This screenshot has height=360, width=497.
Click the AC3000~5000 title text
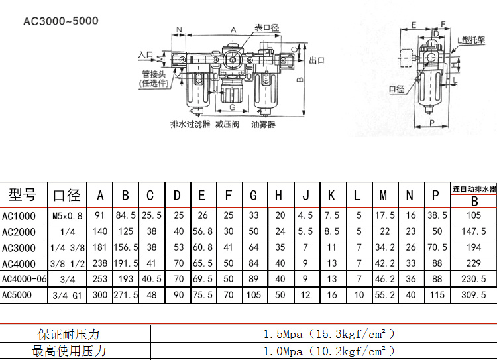61,21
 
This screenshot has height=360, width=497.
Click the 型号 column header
23,195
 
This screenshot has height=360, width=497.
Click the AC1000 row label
19,215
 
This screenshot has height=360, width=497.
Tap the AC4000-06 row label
25,279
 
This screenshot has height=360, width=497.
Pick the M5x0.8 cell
68,215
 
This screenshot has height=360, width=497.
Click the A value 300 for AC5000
100,295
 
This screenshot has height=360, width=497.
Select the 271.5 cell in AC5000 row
125,295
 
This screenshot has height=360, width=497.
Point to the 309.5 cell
474,295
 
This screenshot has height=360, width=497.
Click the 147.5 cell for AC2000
474,231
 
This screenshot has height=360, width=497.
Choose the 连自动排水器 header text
474,189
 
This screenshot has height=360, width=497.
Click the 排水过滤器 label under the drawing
190,124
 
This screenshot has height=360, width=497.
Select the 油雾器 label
263,124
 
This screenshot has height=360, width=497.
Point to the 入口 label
146,55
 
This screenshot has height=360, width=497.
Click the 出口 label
317,60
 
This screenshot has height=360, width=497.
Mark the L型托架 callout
472,40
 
